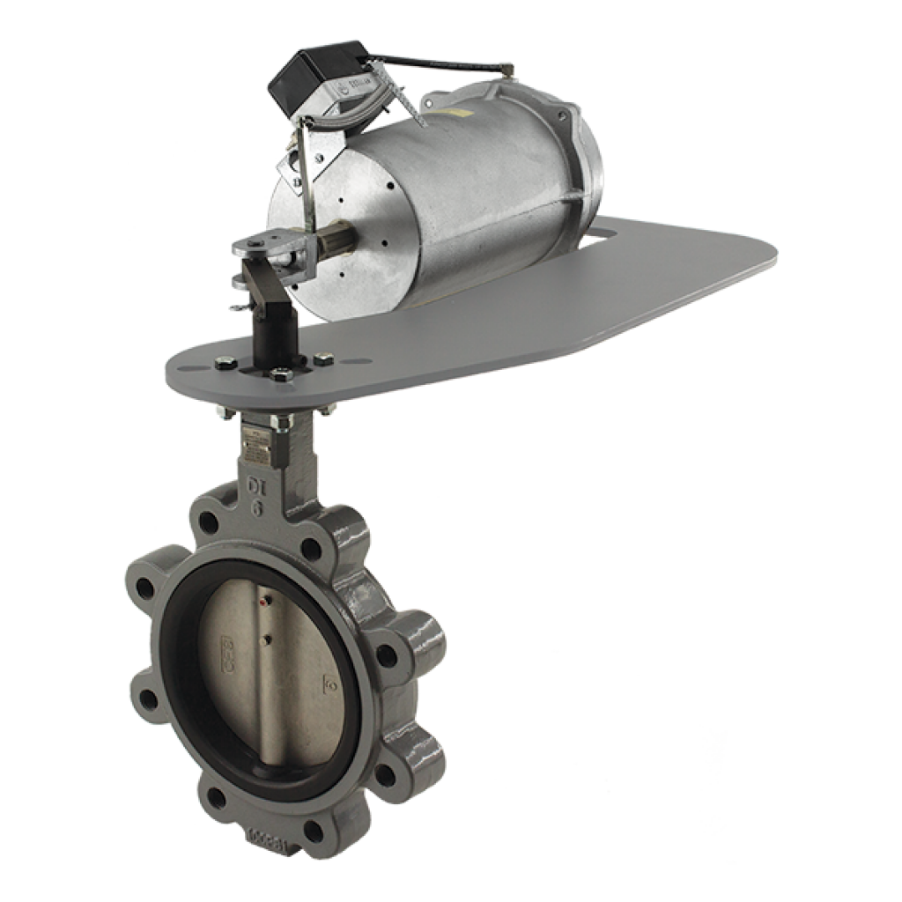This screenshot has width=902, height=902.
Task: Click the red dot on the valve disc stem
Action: coord(265,605)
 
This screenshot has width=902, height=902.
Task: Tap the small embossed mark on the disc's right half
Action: coord(330,681)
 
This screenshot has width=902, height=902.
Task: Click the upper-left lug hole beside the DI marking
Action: coord(209,521)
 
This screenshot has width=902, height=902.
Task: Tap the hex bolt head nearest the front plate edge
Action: coord(281,375)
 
